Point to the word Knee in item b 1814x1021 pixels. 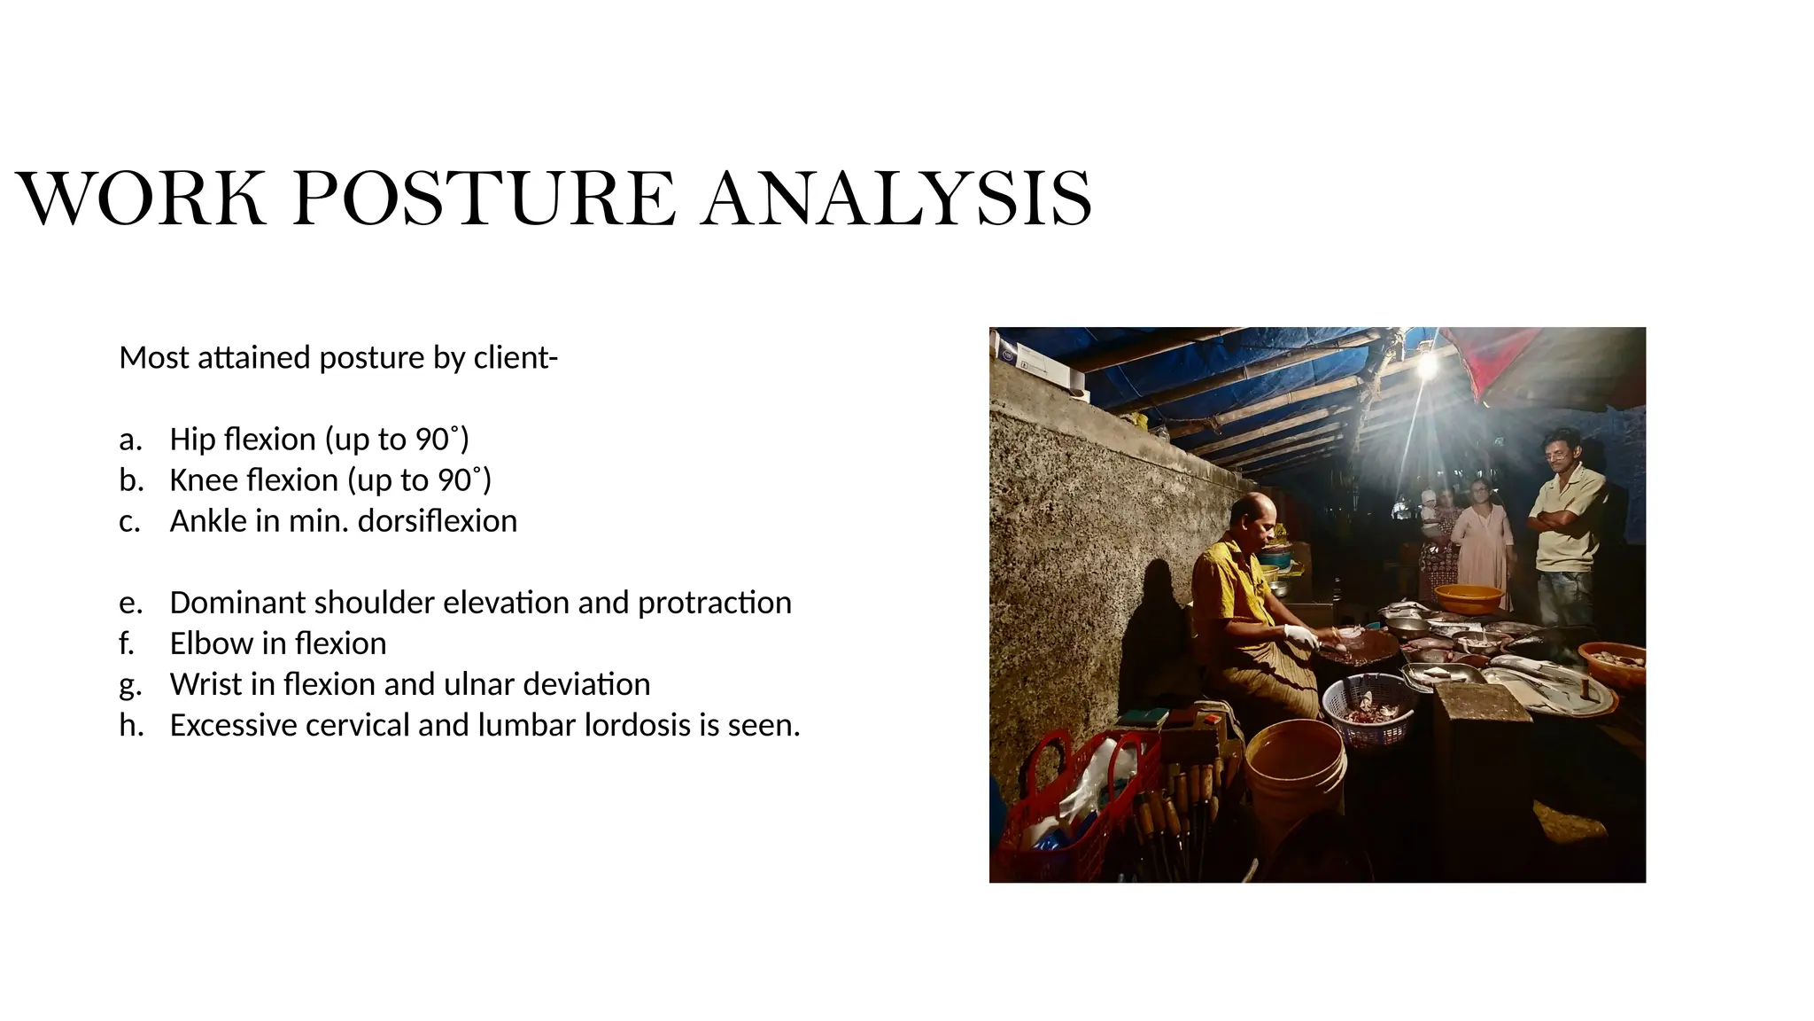coord(204,480)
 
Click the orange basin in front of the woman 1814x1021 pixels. coord(1469,598)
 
